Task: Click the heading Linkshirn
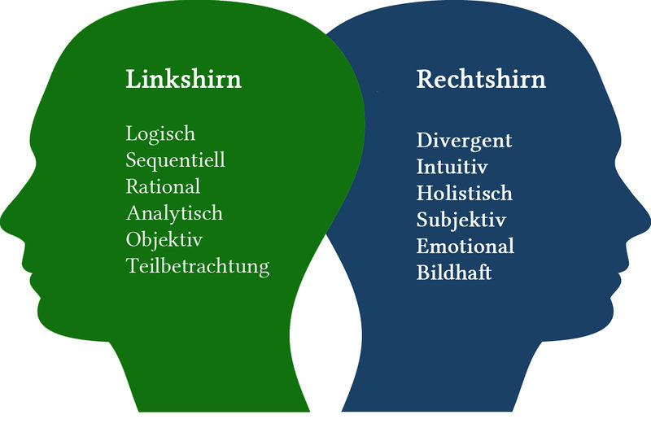(183, 81)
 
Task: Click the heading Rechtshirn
(481, 81)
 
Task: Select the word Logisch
(160, 133)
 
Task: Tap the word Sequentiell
(176, 159)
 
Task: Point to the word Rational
(163, 186)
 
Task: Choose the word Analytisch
(174, 213)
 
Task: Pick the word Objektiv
(164, 240)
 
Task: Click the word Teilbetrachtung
(198, 266)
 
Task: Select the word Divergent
(465, 140)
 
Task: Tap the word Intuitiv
(452, 167)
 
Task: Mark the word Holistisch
(465, 194)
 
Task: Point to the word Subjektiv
(461, 220)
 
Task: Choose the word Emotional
(465, 246)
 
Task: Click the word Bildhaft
(454, 273)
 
